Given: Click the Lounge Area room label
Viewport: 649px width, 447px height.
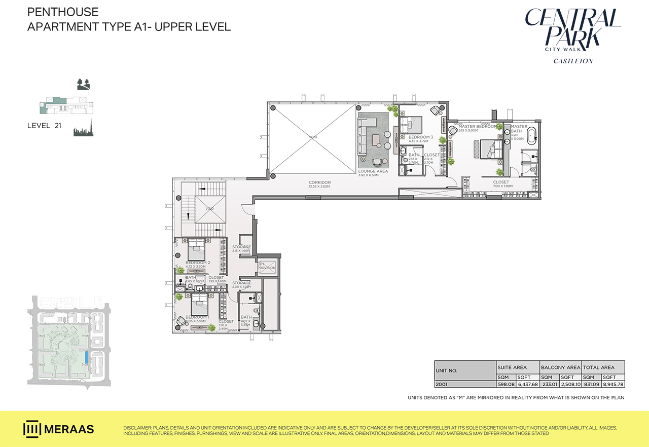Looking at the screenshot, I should tap(373, 171).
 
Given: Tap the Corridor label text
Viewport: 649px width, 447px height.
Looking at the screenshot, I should tap(319, 182).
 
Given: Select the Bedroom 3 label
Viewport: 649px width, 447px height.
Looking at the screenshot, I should tap(421, 137).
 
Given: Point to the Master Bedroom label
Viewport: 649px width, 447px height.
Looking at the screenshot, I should tap(477, 126).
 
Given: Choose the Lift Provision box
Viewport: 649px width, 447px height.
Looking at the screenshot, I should tap(266, 266).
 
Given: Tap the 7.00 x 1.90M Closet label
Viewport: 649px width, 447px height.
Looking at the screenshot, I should tap(500, 182).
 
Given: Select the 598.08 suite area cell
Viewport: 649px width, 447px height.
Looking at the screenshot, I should tap(506, 384).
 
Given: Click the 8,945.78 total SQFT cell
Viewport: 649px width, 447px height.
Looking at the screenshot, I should tap(613, 384).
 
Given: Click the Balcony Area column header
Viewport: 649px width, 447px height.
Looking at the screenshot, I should tap(560, 367).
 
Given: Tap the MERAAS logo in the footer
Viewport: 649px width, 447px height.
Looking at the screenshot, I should tap(59, 429).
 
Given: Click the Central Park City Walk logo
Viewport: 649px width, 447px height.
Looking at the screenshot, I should tap(572, 30).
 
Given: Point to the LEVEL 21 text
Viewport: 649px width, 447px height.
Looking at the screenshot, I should tap(44, 126).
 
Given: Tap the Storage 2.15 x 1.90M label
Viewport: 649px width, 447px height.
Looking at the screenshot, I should tap(241, 247).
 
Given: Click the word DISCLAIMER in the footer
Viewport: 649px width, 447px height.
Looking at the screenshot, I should tap(138, 428).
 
